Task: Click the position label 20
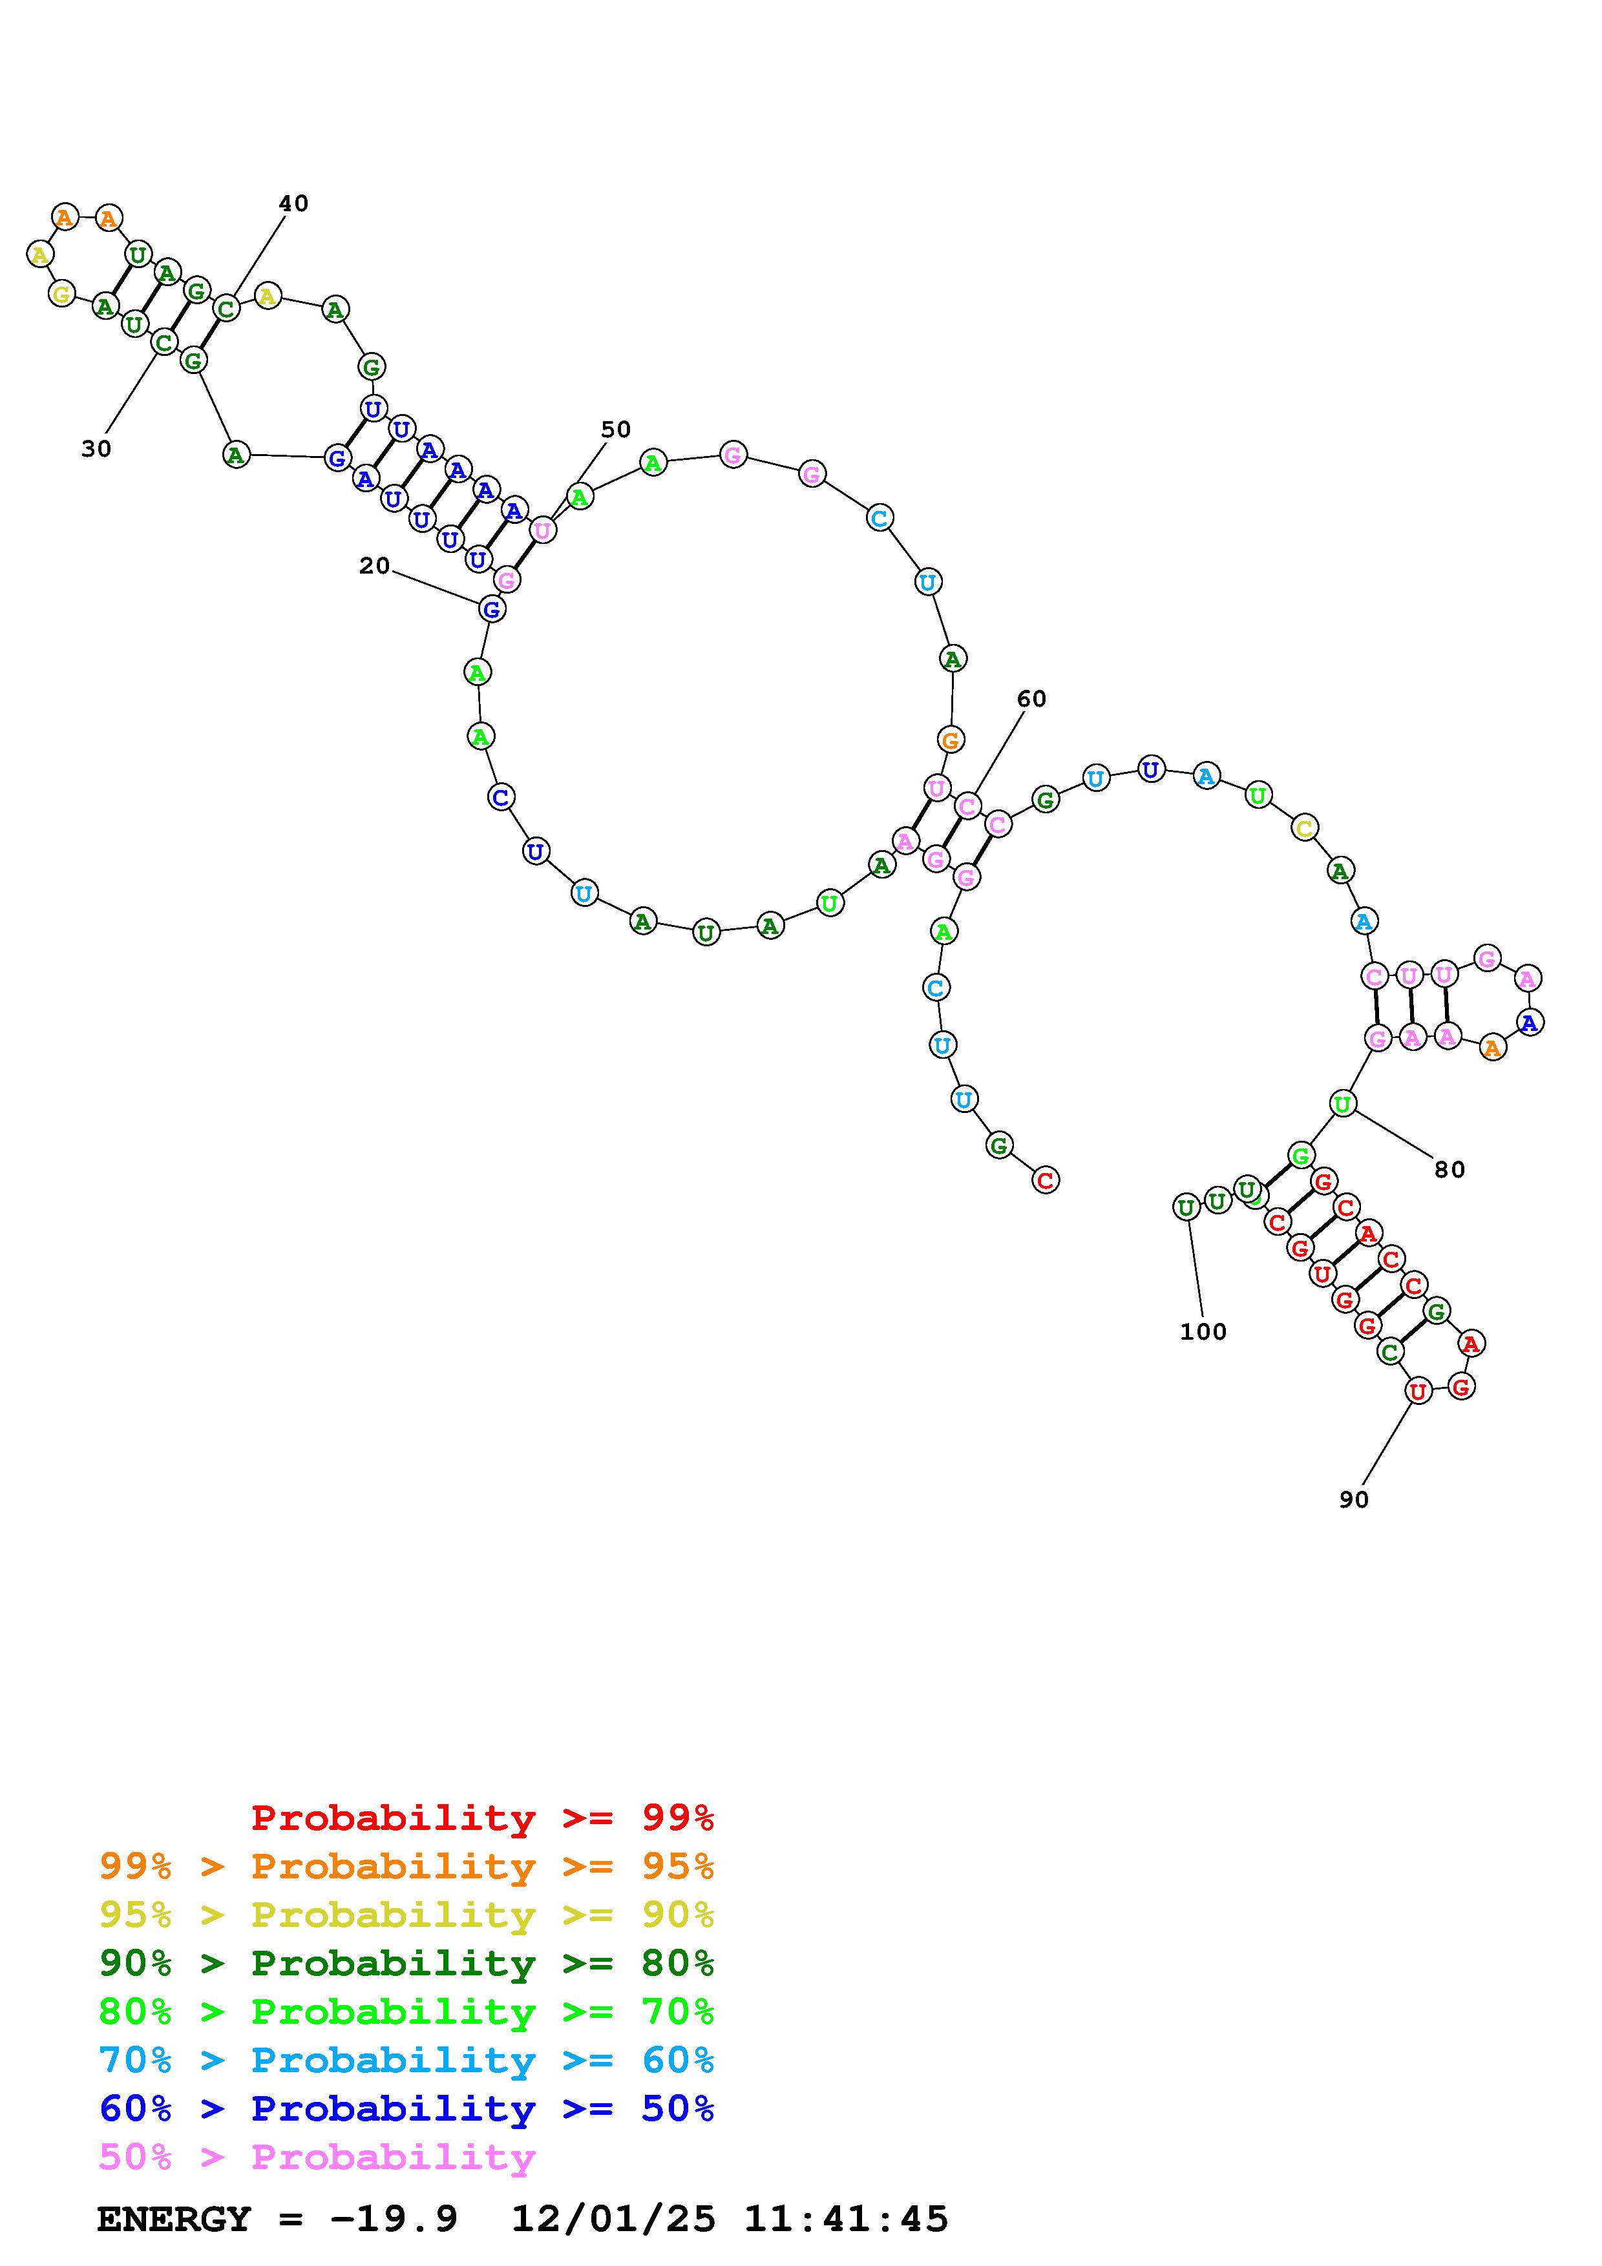(x=374, y=565)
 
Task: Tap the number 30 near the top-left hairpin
(x=96, y=449)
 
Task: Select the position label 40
(x=293, y=203)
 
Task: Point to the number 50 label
(x=616, y=430)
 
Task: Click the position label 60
(x=1031, y=699)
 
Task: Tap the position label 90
(x=1354, y=1499)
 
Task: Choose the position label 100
(x=1203, y=1331)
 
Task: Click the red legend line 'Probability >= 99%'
(x=483, y=1817)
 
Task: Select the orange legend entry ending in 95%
(x=406, y=1866)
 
